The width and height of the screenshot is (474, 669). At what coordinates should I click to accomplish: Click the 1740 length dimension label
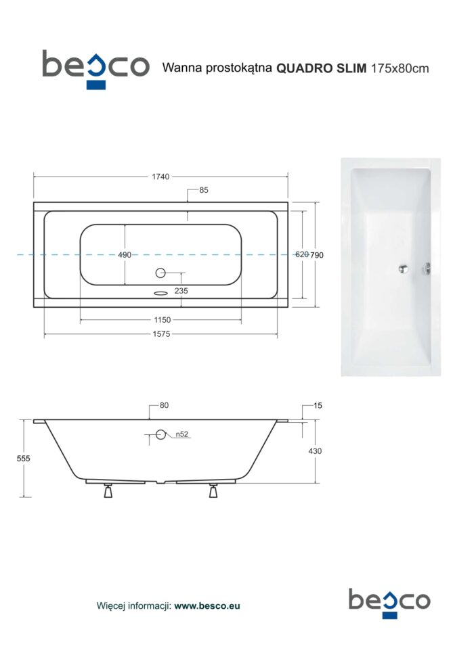pos(160,177)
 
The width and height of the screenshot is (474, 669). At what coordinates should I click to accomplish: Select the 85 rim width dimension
pos(204,190)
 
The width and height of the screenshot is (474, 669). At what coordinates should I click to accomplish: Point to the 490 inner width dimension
pos(125,255)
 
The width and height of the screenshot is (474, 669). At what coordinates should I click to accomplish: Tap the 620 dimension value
pos(302,254)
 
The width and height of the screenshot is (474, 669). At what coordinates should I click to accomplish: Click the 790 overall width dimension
pos(317,255)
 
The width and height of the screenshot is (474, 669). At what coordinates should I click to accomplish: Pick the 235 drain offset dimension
pos(181,291)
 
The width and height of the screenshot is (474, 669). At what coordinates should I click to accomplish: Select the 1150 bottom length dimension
pos(163,319)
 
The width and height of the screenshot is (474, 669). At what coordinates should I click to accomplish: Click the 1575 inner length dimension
pos(161,334)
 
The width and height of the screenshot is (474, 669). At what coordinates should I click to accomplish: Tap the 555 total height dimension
pos(24,458)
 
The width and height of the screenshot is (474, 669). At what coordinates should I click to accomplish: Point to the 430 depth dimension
pos(315,451)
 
